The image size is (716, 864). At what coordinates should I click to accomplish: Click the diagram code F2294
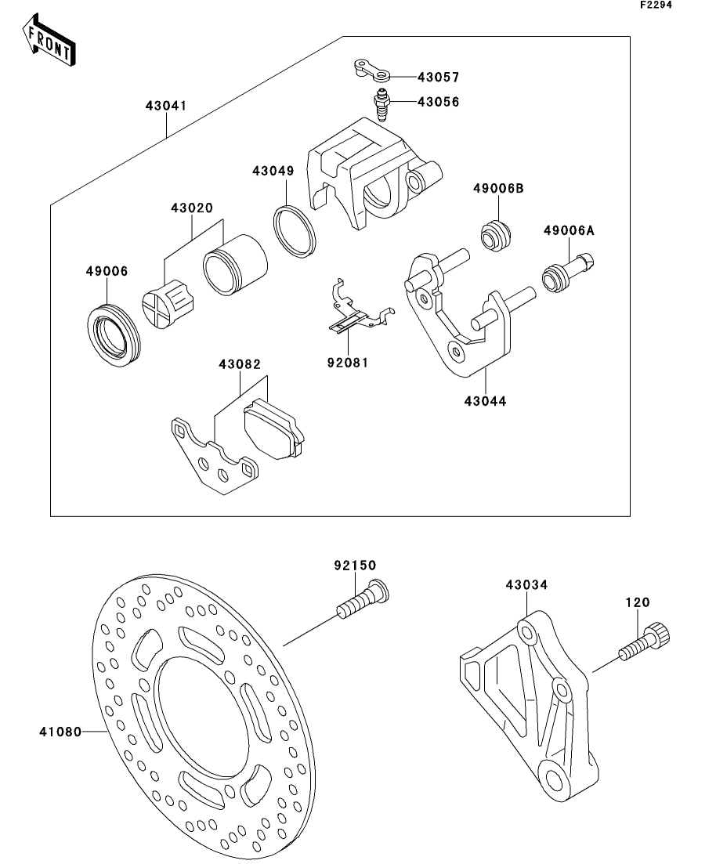(x=656, y=5)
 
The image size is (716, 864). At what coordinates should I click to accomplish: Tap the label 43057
(x=438, y=78)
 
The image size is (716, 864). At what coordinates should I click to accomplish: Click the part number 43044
(x=485, y=401)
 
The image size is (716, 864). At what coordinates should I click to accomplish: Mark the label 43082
(x=240, y=364)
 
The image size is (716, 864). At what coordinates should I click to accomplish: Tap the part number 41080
(x=60, y=732)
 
